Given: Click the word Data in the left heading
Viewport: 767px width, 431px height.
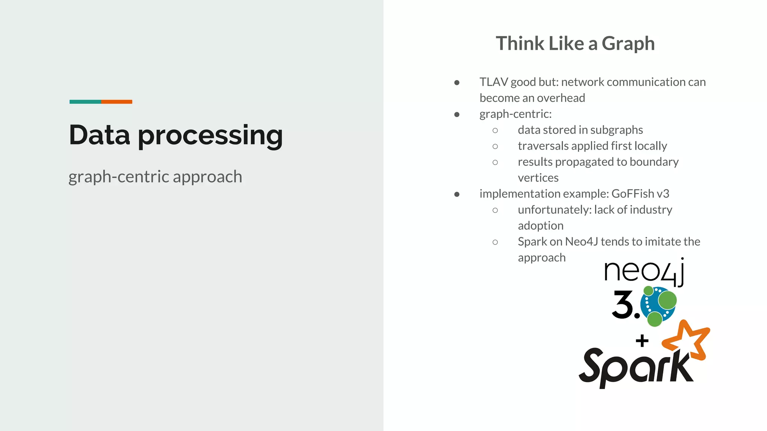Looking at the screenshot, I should click(x=99, y=135).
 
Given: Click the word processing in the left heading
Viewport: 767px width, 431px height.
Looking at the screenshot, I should click(x=210, y=136).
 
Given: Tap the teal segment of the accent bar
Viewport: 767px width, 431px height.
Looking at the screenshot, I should click(x=85, y=102).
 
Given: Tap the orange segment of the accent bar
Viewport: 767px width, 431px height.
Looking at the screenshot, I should click(x=116, y=102).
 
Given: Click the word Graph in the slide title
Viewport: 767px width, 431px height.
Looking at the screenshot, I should click(x=628, y=44).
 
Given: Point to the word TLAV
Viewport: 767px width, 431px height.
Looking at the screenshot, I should click(x=494, y=82).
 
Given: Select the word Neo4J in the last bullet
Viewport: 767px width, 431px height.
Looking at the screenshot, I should click(x=581, y=242).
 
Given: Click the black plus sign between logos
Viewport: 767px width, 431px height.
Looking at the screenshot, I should click(x=642, y=340).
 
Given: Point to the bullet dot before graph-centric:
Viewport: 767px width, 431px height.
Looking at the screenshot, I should click(x=457, y=114).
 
